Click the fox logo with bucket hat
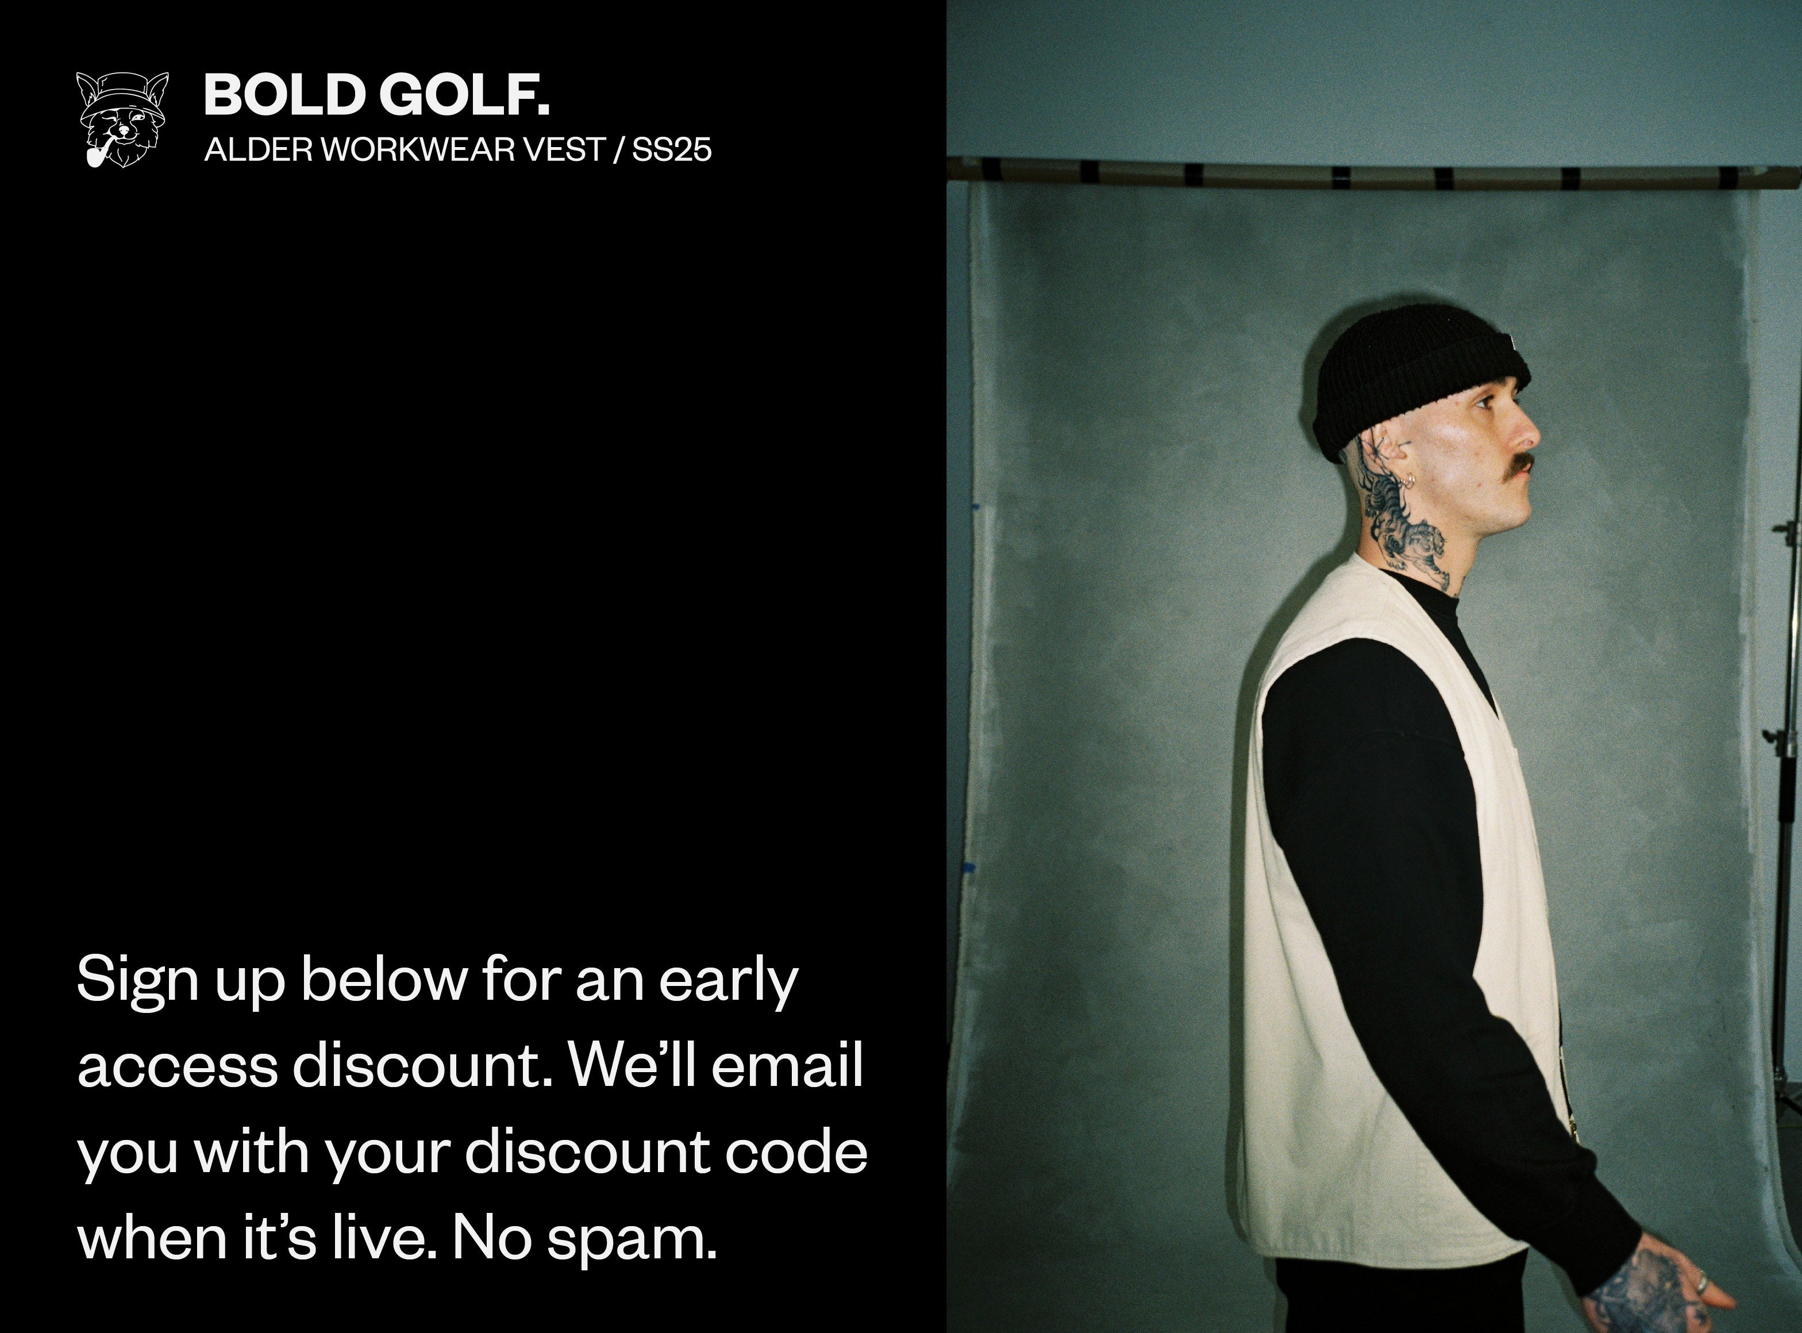pos(122,120)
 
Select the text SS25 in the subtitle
pos(671,150)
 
